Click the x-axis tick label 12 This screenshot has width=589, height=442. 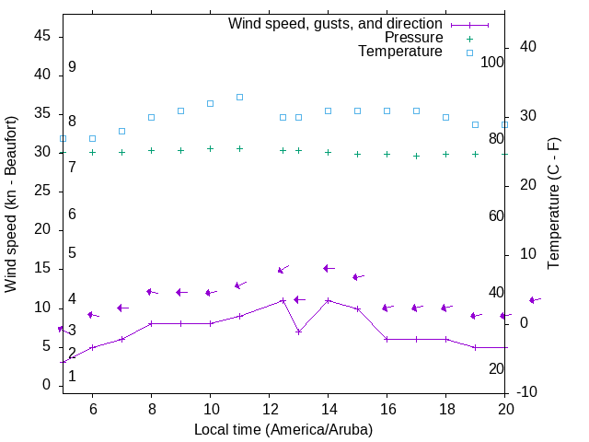[269, 409]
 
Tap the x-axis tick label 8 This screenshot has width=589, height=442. [151, 409]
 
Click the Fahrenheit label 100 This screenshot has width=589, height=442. [492, 63]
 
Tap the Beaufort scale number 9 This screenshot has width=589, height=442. [72, 68]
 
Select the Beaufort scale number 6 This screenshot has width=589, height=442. [72, 215]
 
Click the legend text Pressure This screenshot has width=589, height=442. [413, 38]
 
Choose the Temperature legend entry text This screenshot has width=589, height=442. [400, 52]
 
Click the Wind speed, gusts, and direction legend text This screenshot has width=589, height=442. [335, 24]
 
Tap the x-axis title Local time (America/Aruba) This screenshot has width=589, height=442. [283, 429]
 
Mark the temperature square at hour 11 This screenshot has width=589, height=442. [239, 97]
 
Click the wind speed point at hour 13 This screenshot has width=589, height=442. [298, 331]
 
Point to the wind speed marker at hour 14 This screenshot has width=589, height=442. [328, 300]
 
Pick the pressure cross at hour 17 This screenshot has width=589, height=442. [416, 156]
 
